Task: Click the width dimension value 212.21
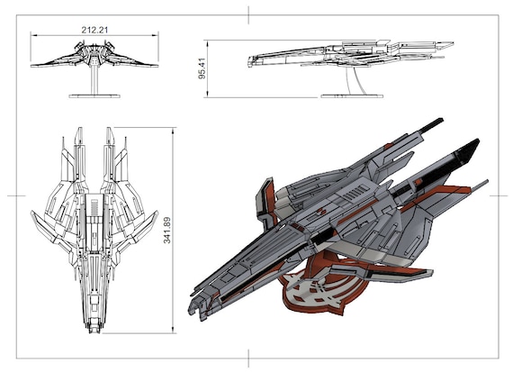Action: pyautogui.click(x=94, y=30)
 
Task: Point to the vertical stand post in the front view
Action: pyautogui.click(x=94, y=79)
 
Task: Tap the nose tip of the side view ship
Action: pyautogui.click(x=250, y=61)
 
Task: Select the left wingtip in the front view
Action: pyautogui.click(x=32, y=63)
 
